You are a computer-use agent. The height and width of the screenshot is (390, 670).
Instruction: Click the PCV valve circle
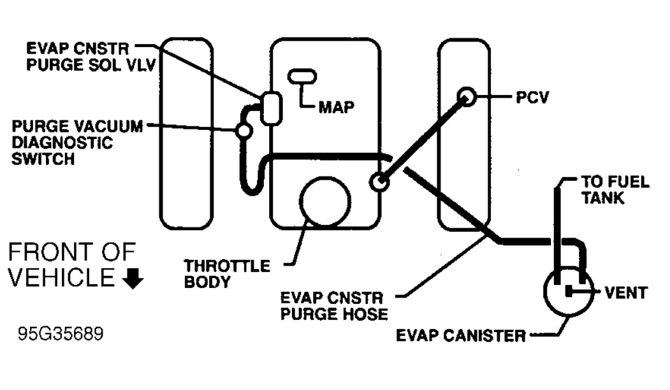(467, 97)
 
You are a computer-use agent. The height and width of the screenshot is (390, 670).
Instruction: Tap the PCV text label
(532, 97)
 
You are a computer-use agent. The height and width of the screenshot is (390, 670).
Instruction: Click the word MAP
(335, 106)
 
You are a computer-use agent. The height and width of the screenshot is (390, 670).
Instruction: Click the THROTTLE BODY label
(226, 273)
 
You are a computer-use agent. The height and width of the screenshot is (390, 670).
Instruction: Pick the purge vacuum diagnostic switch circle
(243, 131)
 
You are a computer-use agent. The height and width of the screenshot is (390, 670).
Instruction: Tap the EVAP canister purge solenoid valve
(270, 108)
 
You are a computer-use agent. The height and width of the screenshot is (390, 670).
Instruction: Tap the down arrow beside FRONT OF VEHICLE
(136, 280)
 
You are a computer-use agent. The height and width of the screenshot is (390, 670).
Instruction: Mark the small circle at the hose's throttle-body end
(380, 182)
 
